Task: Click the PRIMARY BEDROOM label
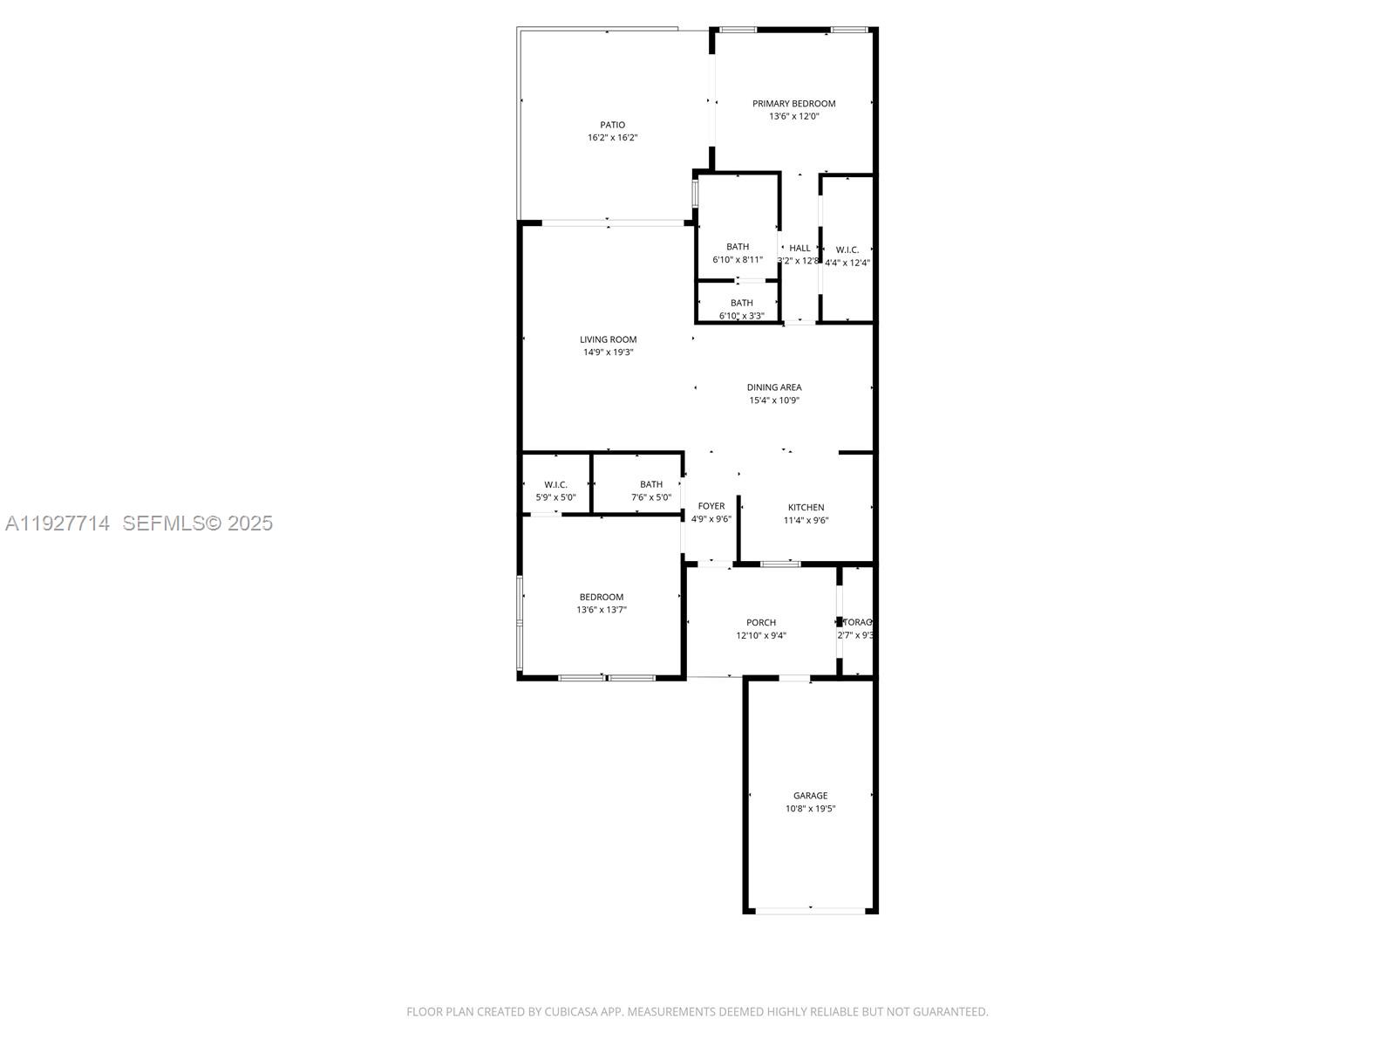(x=793, y=104)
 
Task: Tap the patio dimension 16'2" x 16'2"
(x=612, y=138)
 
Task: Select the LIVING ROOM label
(x=608, y=339)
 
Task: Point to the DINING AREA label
(x=773, y=387)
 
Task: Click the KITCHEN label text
(x=806, y=507)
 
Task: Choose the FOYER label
(x=711, y=506)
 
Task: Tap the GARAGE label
(x=810, y=796)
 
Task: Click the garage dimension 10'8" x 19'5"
(x=810, y=809)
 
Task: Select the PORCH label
(x=760, y=623)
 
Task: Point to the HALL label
(x=800, y=249)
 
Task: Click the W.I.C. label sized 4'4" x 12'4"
(x=847, y=250)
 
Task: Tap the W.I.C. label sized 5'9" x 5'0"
(x=555, y=484)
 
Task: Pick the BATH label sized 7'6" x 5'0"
(x=650, y=484)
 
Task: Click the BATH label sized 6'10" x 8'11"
(x=737, y=247)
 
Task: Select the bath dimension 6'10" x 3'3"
(x=741, y=316)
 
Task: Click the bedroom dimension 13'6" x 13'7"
(x=601, y=610)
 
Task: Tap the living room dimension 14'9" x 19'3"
(x=608, y=352)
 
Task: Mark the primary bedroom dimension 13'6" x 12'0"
(x=793, y=116)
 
